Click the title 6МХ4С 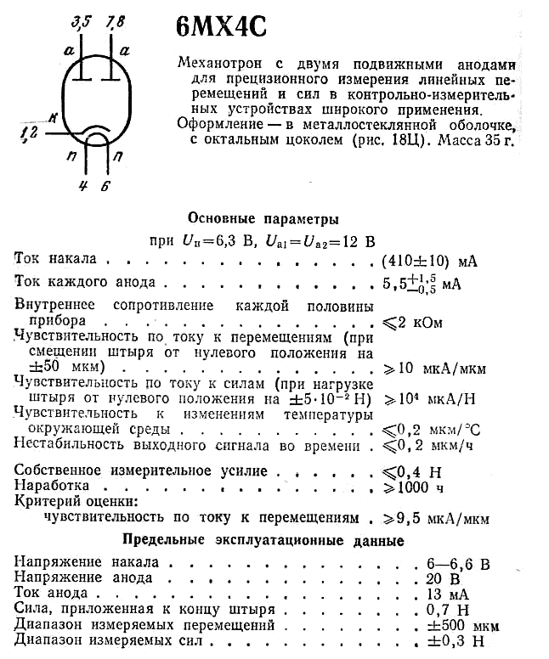(x=221, y=27)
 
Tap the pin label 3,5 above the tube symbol (x=82, y=21)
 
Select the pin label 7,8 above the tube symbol (x=116, y=21)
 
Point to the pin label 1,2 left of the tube (x=29, y=132)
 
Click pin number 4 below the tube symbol (x=83, y=188)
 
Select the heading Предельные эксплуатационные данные (x=263, y=540)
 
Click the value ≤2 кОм (x=413, y=323)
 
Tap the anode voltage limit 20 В (x=439, y=578)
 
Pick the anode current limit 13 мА (x=444, y=594)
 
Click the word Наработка (x=53, y=486)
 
